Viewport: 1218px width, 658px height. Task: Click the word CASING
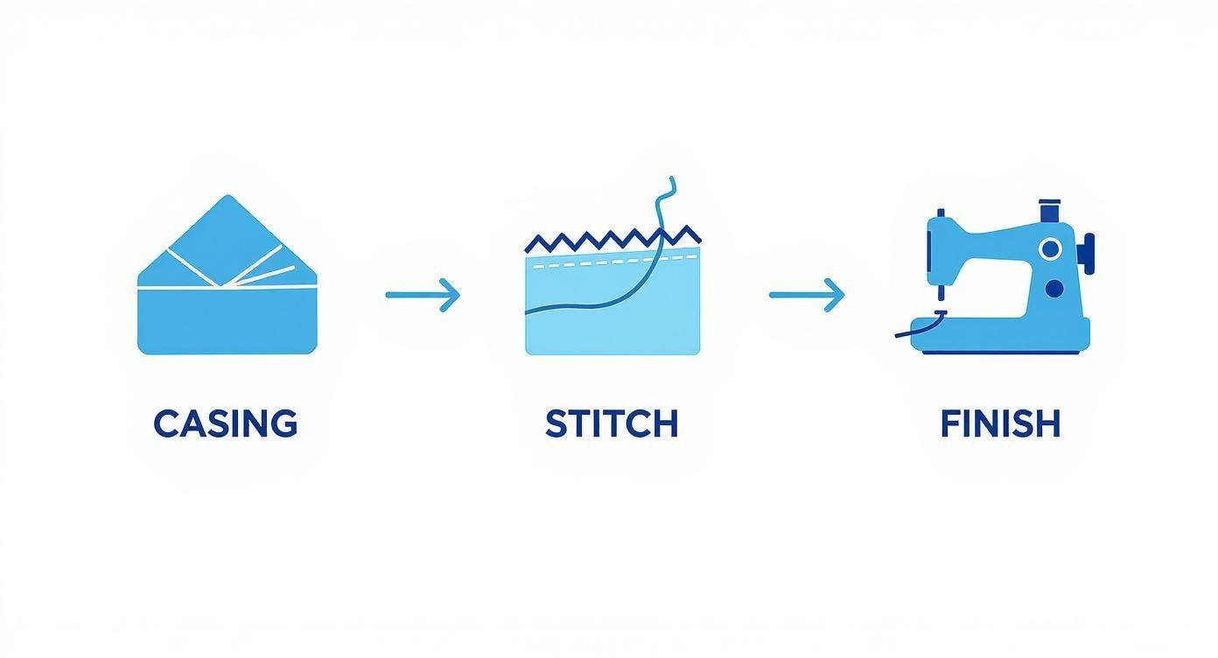[x=226, y=423]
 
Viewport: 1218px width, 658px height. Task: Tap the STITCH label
[x=612, y=423]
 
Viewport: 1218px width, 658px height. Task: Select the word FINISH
[x=1000, y=423]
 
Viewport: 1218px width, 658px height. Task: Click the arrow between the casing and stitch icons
[x=423, y=295]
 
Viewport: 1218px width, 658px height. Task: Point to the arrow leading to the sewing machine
[x=807, y=295]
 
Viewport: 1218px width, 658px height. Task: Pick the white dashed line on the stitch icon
[x=612, y=260]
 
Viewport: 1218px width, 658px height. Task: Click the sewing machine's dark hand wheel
[x=1086, y=252]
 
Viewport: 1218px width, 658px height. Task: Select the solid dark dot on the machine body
[x=1054, y=288]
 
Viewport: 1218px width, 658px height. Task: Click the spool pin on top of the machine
[x=1049, y=211]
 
